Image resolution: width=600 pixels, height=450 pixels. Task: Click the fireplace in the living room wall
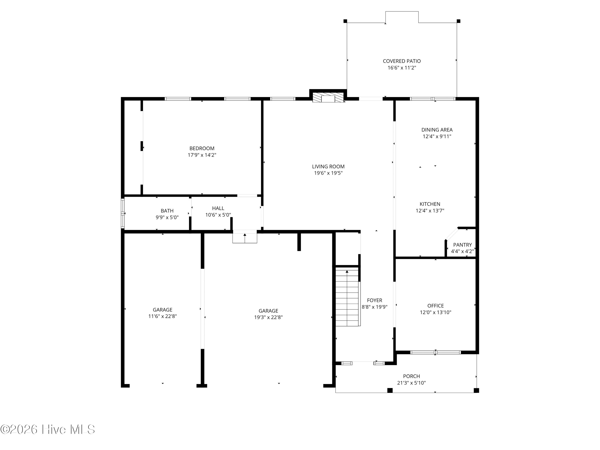(x=328, y=98)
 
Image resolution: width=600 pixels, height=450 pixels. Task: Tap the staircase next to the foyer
(x=347, y=297)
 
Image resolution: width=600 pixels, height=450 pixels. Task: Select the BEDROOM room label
(x=202, y=148)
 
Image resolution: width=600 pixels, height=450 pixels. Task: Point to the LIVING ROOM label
(x=328, y=167)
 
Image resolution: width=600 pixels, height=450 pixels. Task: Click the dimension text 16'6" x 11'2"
(x=402, y=68)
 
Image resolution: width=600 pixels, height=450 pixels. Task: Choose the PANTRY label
(x=462, y=245)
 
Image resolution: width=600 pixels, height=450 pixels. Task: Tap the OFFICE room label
(x=436, y=306)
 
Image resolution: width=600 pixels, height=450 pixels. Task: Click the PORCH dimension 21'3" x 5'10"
(x=411, y=383)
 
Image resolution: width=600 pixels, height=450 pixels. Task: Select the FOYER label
(x=375, y=300)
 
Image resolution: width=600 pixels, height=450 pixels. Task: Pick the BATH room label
(x=167, y=211)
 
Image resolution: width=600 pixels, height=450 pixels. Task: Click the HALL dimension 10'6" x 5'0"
(x=218, y=215)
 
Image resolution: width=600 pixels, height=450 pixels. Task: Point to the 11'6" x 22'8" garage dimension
(x=162, y=316)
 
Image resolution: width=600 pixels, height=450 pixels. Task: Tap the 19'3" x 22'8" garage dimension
(x=268, y=317)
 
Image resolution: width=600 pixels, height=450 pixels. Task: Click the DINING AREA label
(x=437, y=130)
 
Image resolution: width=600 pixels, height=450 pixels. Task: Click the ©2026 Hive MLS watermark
(x=48, y=429)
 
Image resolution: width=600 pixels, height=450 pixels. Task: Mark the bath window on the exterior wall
(x=123, y=213)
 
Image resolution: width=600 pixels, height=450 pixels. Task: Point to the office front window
(x=435, y=352)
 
